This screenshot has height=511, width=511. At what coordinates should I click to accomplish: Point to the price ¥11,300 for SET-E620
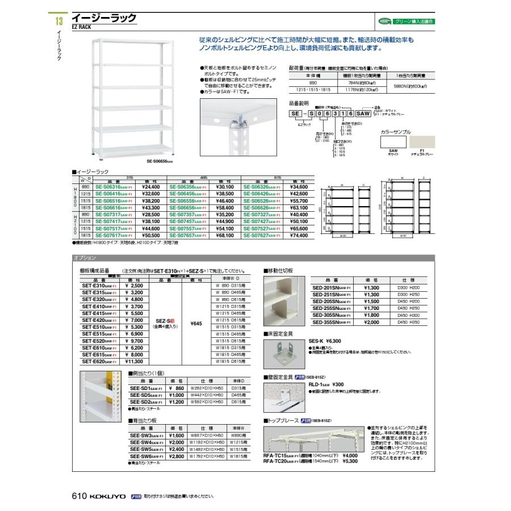[134, 361]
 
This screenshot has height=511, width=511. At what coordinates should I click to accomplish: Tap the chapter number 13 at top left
[57, 22]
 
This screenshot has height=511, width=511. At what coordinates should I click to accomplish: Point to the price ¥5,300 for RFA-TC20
[350, 462]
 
